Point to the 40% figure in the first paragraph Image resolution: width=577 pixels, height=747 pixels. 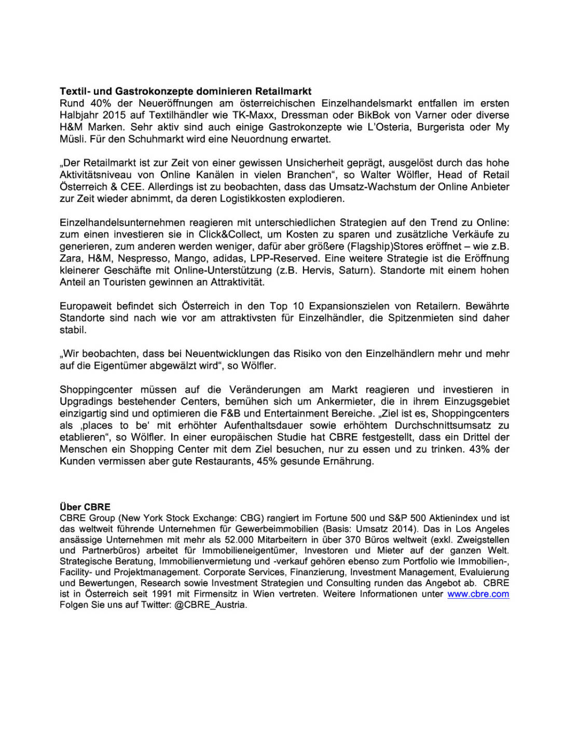pyautogui.click(x=101, y=103)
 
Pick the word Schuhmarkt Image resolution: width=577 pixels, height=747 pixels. pyautogui.click(x=154, y=139)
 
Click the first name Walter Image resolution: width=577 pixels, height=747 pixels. pyautogui.click(x=376, y=175)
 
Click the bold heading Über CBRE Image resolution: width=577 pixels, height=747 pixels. pyautogui.click(x=85, y=507)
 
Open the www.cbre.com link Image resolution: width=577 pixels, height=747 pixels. pyautogui.click(x=478, y=594)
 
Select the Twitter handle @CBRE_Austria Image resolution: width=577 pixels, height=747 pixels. pyautogui.click(x=211, y=605)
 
